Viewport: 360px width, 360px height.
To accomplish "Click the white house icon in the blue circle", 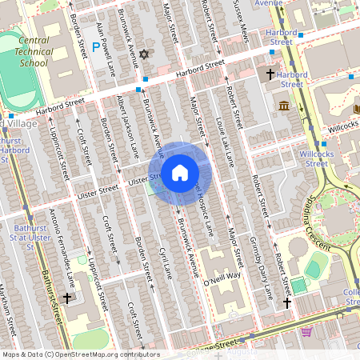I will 180,172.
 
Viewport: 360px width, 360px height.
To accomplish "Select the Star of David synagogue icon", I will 145,54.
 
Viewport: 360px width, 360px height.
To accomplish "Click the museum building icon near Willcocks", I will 284,106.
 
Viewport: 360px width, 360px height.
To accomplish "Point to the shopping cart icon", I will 306,331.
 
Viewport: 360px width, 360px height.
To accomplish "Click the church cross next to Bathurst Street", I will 67,297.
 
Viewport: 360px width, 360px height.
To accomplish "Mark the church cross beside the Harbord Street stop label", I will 271,74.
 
